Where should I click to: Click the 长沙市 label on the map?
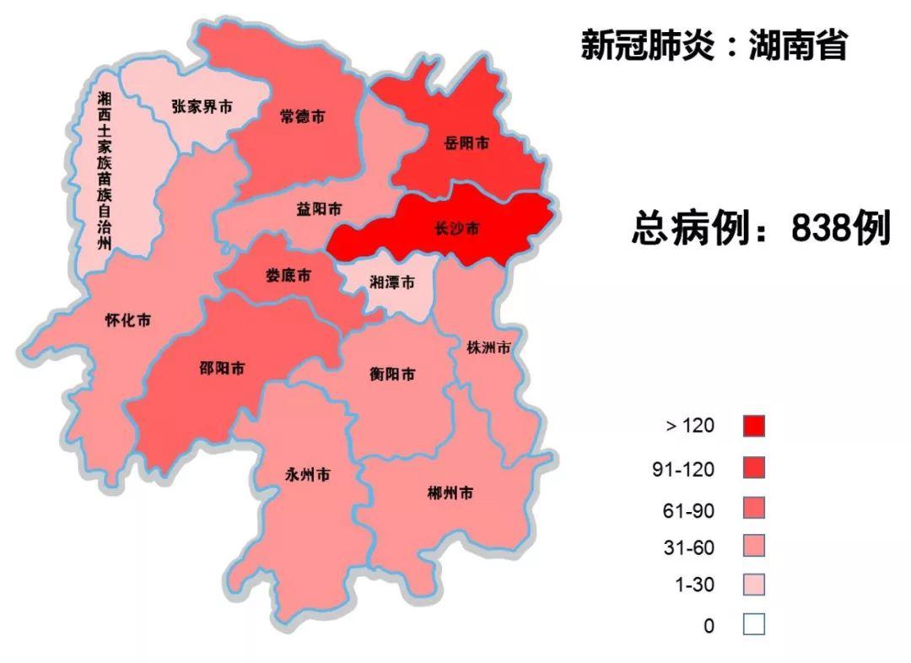[456, 229]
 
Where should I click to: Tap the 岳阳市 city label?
[466, 143]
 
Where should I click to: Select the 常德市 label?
[302, 117]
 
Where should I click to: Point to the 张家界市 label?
[202, 107]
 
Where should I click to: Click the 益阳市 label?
[319, 208]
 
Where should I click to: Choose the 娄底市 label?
[288, 276]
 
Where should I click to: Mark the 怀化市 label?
[128, 321]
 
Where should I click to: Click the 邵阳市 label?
[223, 369]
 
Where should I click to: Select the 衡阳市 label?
[392, 375]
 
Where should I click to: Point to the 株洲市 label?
[489, 348]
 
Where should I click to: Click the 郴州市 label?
[450, 493]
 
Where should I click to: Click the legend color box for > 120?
[754, 426]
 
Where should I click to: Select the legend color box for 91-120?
[754, 467]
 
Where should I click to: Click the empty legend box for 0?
[754, 625]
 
